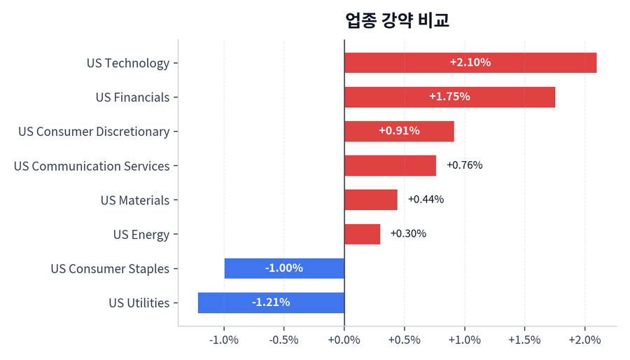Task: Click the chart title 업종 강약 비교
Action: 397,20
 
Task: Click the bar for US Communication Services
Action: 390,165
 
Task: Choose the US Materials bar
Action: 370,200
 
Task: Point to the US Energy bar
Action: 362,234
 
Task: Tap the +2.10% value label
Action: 470,62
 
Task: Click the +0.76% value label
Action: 464,165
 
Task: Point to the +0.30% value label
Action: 408,234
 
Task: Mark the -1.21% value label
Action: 271,303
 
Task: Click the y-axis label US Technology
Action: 128,63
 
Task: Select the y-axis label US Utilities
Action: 139,303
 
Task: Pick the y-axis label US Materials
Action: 135,200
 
